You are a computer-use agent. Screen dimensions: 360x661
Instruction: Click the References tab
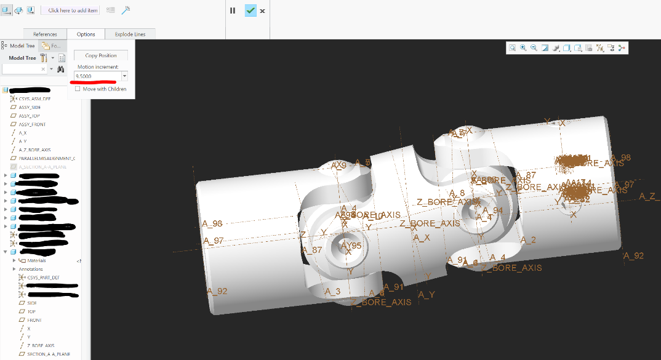click(45, 34)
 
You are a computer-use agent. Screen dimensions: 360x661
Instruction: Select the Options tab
click(86, 34)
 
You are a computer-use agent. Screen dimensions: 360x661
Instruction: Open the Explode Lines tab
click(130, 34)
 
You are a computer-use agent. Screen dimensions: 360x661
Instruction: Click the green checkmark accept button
click(250, 10)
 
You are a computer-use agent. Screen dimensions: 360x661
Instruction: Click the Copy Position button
click(100, 55)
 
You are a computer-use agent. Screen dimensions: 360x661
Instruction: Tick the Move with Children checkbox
click(78, 89)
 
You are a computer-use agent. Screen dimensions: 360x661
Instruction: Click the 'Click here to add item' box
click(73, 10)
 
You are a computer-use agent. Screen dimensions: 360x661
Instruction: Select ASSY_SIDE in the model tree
click(30, 107)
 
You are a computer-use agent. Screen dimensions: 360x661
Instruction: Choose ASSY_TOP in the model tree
click(29, 116)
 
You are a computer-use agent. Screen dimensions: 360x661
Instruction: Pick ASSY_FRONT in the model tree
click(32, 124)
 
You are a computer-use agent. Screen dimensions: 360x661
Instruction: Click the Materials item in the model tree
click(36, 260)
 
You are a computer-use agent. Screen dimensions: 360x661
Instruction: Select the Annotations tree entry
click(31, 269)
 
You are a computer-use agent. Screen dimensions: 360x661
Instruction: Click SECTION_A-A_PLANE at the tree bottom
click(49, 354)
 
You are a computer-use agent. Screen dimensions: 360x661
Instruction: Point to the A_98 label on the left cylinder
click(212, 223)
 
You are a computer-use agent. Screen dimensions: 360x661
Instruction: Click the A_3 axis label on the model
click(333, 291)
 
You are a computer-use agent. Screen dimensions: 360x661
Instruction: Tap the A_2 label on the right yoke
click(529, 240)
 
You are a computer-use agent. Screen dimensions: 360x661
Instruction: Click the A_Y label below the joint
click(427, 295)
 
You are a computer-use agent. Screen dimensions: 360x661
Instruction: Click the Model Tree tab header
click(22, 46)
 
